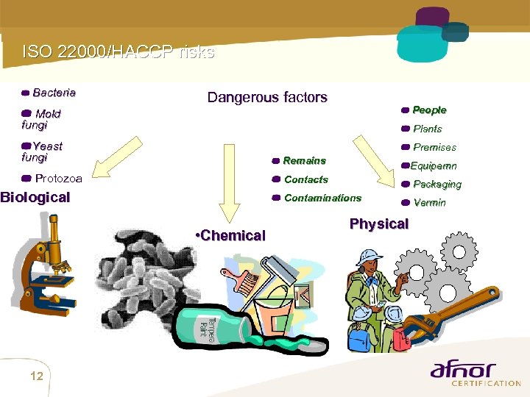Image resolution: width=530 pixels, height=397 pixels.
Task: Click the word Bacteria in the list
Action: tap(54, 93)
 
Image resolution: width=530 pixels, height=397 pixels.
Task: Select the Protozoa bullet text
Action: tap(58, 178)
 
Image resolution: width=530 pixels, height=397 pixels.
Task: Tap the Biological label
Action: tap(35, 197)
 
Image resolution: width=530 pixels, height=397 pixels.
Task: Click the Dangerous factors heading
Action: tap(267, 97)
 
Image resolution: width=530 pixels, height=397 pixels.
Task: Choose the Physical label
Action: tap(378, 223)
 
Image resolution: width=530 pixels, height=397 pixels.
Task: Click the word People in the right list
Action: tap(429, 110)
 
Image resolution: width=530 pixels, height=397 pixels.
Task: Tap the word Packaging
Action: tap(437, 185)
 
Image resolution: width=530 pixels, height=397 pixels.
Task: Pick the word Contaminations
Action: tap(322, 198)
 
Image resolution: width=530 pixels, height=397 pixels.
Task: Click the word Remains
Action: tap(304, 160)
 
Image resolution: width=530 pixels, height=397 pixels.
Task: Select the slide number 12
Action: tap(37, 376)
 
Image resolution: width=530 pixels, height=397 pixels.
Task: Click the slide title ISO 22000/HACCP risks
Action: tap(119, 52)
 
